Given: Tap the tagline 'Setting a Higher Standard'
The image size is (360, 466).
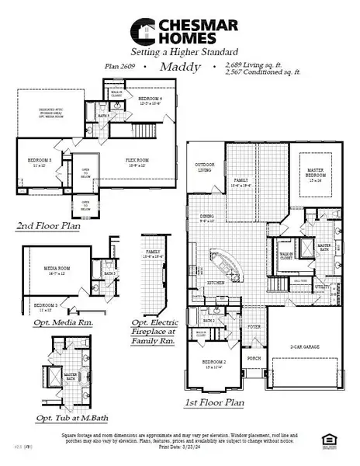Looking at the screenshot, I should [179, 53].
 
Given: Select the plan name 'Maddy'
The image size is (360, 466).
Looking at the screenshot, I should [179, 68].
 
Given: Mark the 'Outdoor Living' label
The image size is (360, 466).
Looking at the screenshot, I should [205, 166].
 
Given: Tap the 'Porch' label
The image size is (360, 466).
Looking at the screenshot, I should [252, 359].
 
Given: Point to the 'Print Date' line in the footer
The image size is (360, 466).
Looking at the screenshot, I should [179, 449].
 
